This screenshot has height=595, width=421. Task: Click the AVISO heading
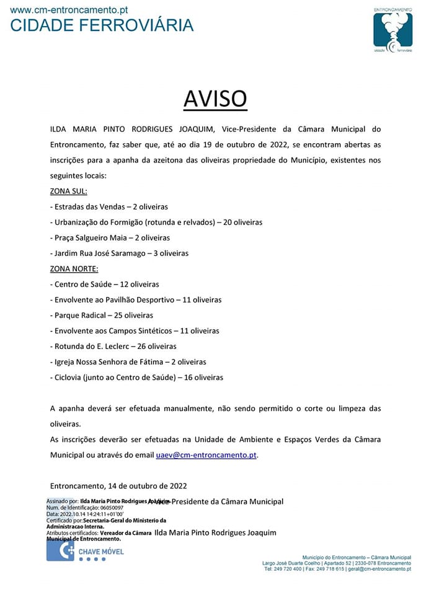coord(215,98)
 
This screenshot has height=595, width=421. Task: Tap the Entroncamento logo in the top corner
coord(392,31)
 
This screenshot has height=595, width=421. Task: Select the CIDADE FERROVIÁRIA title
coord(102,25)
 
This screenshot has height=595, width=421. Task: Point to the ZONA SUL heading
coord(68,192)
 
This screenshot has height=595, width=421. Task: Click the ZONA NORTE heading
coord(74,269)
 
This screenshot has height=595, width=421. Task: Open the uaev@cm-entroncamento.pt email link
coord(206,455)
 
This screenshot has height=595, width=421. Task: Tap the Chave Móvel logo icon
coord(60,550)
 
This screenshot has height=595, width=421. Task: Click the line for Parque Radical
coord(101,315)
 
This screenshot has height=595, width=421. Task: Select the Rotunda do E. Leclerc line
coord(113,346)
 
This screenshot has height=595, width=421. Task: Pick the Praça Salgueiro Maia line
coord(110,238)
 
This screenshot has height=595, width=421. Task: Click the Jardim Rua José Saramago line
coord(119,253)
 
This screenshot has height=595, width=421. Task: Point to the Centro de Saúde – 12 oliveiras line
coord(104,284)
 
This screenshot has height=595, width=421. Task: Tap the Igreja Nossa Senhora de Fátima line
coord(128,362)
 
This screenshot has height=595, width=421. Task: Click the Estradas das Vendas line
coord(109,207)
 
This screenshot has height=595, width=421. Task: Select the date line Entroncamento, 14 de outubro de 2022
coord(118,486)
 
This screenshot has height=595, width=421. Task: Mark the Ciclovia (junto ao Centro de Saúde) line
coord(136,377)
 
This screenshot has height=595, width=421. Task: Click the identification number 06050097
coord(112,508)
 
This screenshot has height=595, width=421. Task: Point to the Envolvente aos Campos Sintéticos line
coord(134,331)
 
